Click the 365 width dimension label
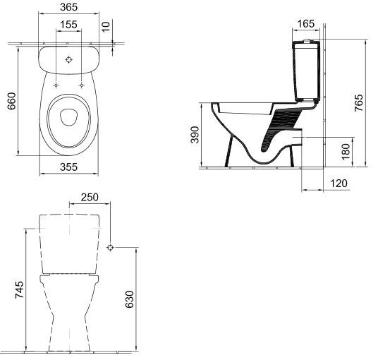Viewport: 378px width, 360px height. coord(69,7)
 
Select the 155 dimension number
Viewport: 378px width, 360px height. coord(68,25)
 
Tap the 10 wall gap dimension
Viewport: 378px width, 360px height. coord(106,27)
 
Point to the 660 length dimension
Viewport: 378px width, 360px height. coord(11,101)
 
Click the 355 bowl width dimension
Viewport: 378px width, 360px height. coord(68,167)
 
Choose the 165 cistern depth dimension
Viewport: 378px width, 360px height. coord(306,23)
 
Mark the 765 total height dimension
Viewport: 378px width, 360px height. coord(358,103)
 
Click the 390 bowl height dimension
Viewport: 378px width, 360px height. coord(195,135)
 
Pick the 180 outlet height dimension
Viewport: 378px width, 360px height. coord(346,152)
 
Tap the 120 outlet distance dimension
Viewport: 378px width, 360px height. coord(339,184)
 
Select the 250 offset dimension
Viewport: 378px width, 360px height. coord(90,197)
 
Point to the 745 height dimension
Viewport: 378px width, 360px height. coord(20,289)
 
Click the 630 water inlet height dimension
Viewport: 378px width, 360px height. coord(130,299)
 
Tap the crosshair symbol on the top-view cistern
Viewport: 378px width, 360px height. coord(69,59)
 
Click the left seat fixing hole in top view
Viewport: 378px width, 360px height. coord(56,85)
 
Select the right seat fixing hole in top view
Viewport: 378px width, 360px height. coord(82,85)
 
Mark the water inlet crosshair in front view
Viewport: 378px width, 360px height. coord(110,247)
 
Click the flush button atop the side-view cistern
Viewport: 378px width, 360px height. coord(306,41)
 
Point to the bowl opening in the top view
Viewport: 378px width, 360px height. coord(68,117)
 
